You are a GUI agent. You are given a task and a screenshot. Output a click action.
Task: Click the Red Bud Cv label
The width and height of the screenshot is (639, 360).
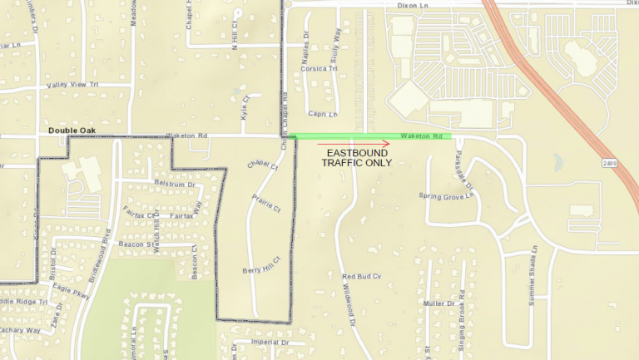[361, 276]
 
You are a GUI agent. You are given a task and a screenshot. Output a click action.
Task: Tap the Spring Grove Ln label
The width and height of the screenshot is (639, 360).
[446, 196]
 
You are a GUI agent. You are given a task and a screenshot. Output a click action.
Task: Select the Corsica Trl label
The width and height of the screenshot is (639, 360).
[320, 68]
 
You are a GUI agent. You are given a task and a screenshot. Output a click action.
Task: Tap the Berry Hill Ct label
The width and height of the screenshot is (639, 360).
[262, 270]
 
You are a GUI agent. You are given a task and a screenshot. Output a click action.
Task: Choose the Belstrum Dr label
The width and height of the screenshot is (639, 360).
[174, 184]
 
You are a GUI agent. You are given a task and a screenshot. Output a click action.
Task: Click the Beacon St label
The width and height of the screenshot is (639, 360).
[137, 244]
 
